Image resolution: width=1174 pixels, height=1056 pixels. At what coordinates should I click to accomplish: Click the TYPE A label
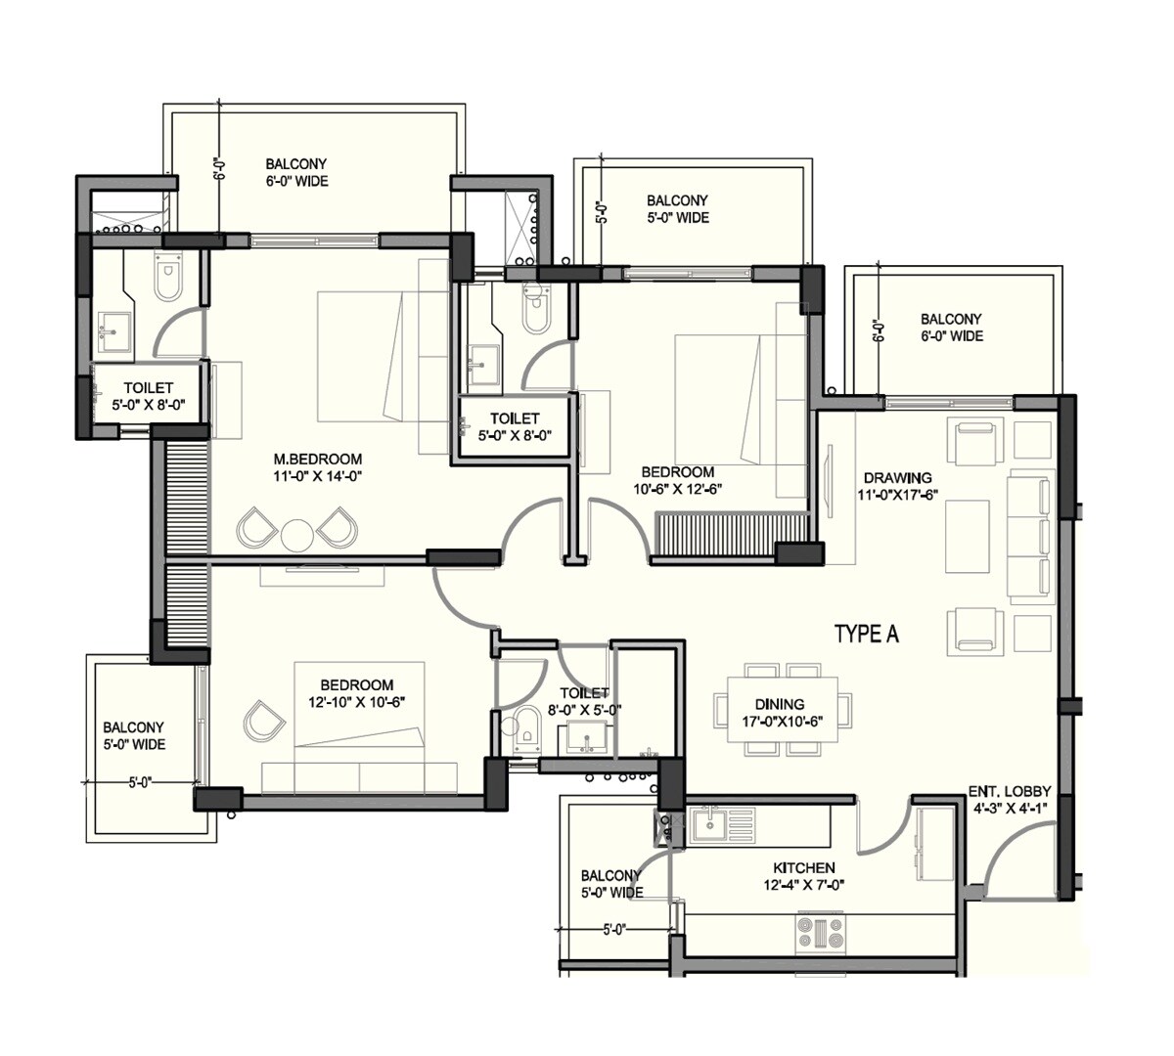(x=866, y=635)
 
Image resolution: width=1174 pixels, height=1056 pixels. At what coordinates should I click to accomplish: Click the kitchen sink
(x=706, y=826)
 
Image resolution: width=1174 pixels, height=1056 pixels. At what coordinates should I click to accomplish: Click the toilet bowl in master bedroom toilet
(x=168, y=279)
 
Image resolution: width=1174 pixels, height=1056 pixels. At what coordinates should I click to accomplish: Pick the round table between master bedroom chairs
(x=295, y=534)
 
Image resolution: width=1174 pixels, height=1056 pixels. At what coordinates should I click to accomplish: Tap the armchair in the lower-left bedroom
(x=262, y=721)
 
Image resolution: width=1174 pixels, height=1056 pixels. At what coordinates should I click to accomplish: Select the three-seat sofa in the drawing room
(x=1029, y=537)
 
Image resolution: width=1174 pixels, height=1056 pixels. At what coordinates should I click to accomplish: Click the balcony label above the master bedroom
(x=296, y=173)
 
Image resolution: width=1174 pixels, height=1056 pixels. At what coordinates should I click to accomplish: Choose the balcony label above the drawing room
(x=951, y=328)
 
